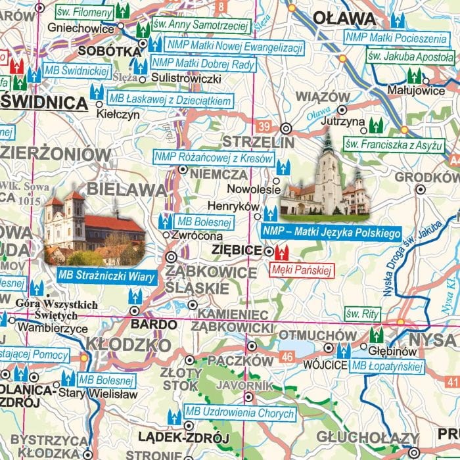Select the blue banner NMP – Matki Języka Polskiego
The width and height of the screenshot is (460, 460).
tap(332, 233)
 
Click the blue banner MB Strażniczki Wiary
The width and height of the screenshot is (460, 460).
tap(106, 276)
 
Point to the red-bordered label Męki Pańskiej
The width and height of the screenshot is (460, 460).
tap(302, 269)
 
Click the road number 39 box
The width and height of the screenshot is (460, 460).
tap(264, 126)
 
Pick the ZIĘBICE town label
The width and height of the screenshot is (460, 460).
tap(237, 250)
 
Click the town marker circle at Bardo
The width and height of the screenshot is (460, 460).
tap(135, 311)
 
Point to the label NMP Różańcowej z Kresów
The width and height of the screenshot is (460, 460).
tap(213, 158)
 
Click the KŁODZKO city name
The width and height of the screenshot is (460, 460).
tap(128, 344)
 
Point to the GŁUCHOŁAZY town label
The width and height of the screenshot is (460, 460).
tap(367, 438)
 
